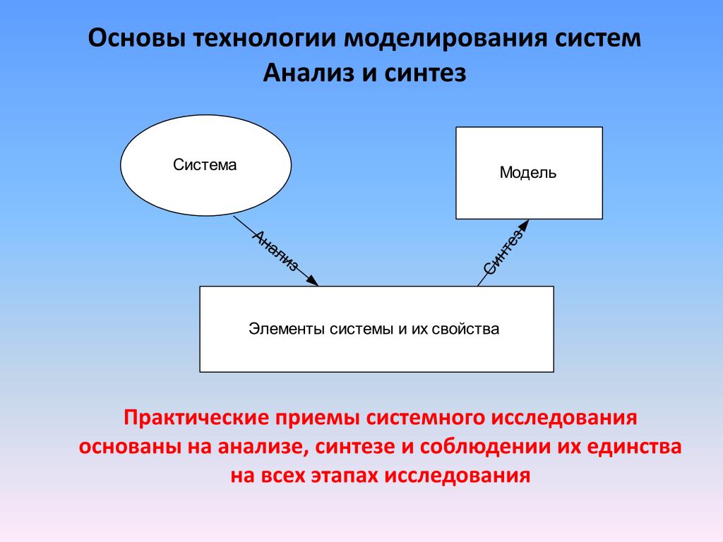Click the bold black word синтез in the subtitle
tap(424, 73)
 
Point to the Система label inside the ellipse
tap(205, 164)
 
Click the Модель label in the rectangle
tap(528, 172)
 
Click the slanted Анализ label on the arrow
tap(275, 251)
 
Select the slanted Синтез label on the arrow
tap(503, 251)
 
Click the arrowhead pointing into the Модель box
tap(524, 225)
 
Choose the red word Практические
tap(196, 418)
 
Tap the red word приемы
tap(318, 418)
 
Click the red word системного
tap(425, 418)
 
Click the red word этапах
tap(345, 475)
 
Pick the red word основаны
tap(130, 447)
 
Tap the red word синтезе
tap(356, 447)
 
